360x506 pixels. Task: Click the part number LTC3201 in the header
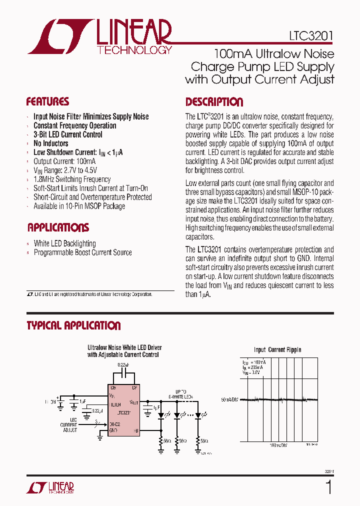310,36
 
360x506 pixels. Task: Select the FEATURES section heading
48,102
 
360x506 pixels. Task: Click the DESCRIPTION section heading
214,102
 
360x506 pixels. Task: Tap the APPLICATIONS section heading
58,228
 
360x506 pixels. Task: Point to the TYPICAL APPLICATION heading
73,326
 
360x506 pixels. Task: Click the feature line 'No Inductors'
51,143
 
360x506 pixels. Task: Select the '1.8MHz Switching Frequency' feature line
72,179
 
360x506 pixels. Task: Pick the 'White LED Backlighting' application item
64,243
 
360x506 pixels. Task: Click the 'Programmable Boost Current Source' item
82,252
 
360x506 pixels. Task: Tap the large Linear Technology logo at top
100,37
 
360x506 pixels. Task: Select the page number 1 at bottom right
328,486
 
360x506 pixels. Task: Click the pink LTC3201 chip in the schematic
124,407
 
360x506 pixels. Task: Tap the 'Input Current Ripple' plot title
277,350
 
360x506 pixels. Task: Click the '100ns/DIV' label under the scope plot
278,444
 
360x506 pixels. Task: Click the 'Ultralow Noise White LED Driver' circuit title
124,347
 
